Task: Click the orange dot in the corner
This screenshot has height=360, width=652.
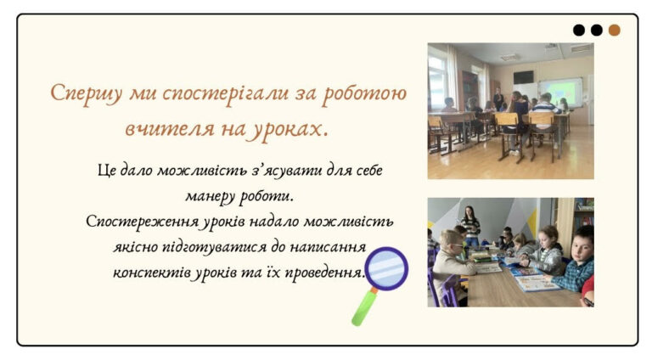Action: tap(614, 30)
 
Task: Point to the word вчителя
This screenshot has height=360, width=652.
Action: tap(170, 128)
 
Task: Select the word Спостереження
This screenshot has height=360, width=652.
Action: tap(143, 222)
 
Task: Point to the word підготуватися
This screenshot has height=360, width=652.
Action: tap(214, 248)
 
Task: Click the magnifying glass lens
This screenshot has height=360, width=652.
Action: tap(386, 269)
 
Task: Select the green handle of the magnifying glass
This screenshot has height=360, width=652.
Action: tap(363, 307)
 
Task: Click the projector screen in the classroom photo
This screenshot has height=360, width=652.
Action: tap(559, 93)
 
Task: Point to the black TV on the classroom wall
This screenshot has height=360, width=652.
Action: tap(523, 77)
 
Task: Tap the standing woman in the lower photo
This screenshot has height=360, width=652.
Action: tap(469, 226)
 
